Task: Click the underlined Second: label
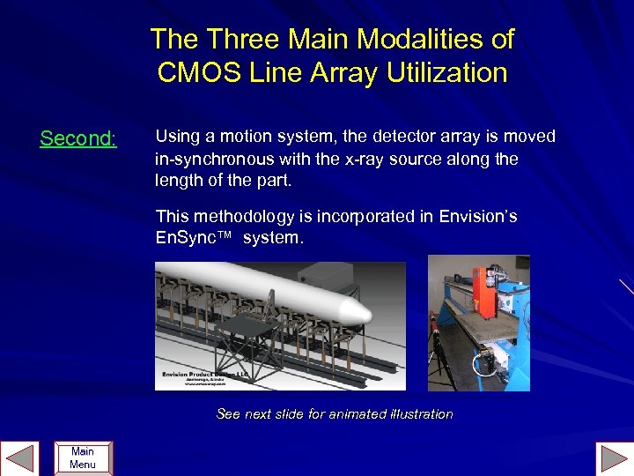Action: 78,138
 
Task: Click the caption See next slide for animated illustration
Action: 335,413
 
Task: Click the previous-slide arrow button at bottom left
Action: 20,458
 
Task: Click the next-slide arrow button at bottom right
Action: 613,458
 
